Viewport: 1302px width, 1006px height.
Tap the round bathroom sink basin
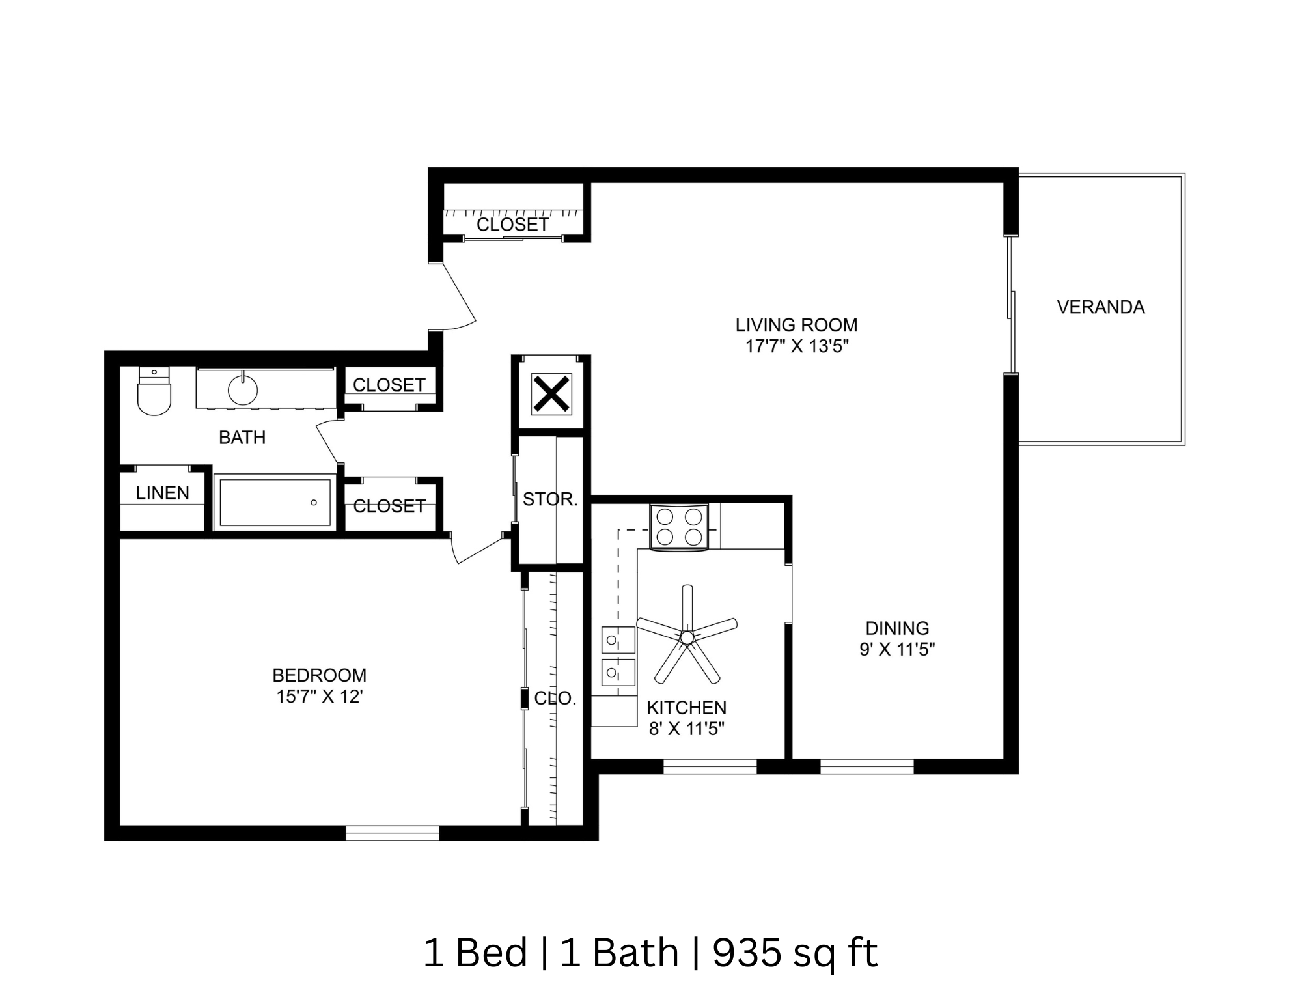click(242, 391)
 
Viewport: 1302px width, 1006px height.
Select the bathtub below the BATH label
click(275, 502)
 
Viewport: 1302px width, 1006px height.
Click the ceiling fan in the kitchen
click(686, 636)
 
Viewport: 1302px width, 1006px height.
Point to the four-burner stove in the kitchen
click(679, 527)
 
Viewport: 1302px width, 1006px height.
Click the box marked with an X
click(551, 393)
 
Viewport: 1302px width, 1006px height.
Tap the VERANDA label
click(1100, 307)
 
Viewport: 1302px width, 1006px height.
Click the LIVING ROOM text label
click(796, 325)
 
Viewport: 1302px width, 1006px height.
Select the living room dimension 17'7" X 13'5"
click(797, 346)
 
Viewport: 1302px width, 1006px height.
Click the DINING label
click(897, 628)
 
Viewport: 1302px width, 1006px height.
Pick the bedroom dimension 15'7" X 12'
click(319, 697)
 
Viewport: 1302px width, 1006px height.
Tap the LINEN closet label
click(163, 493)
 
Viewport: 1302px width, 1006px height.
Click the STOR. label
click(550, 499)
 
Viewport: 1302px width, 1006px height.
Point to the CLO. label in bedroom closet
click(555, 699)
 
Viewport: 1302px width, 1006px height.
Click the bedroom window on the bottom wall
click(392, 833)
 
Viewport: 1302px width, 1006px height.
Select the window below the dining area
click(866, 766)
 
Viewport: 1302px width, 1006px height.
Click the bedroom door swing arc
click(478, 551)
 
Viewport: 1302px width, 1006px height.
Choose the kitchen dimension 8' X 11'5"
click(686, 729)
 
